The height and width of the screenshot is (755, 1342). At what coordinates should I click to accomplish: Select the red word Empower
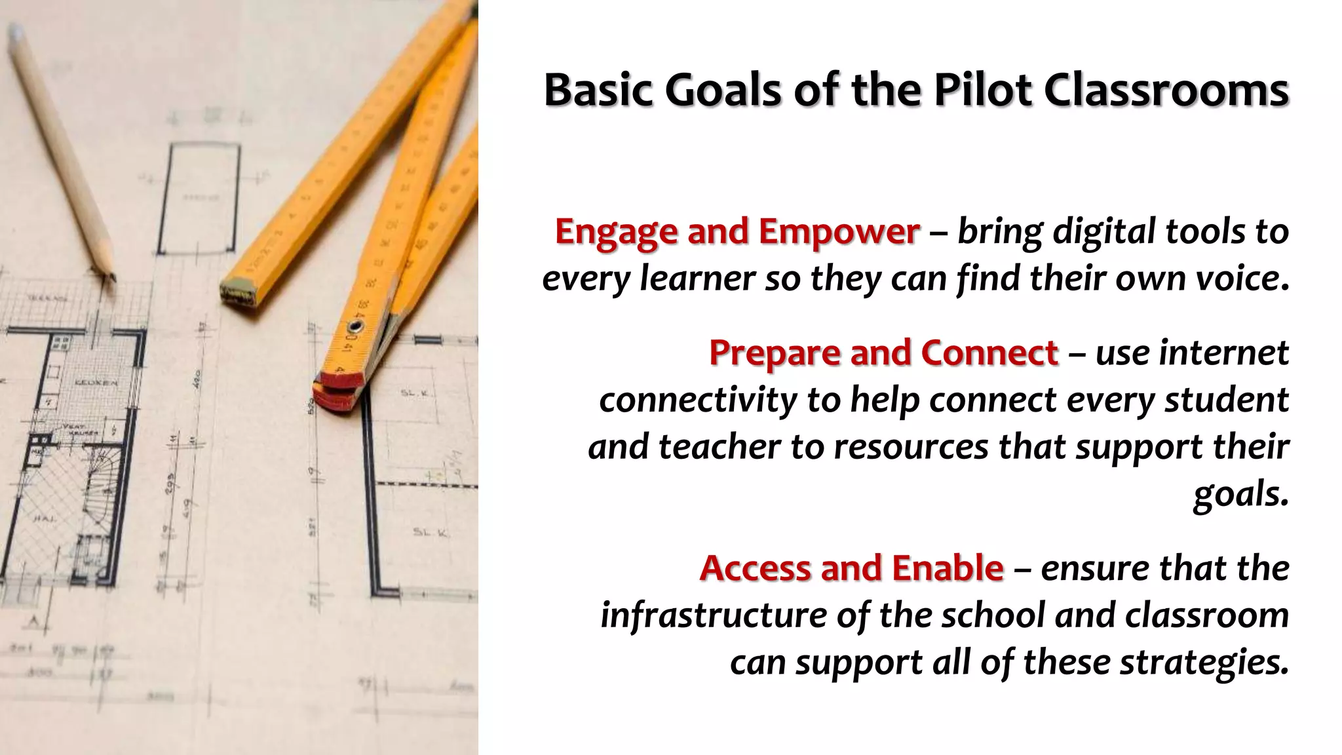click(x=839, y=231)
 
